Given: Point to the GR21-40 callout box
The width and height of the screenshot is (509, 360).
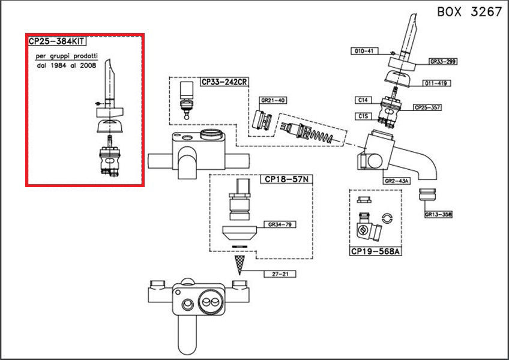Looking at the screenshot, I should tap(273, 100).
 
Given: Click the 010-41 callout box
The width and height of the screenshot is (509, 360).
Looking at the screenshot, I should tap(363, 51).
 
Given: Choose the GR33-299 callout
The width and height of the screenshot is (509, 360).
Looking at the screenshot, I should tap(443, 61).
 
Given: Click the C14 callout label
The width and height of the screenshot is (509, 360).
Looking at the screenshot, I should tap(364, 99).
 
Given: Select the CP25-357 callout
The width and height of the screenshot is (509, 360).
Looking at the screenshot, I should tap(428, 108).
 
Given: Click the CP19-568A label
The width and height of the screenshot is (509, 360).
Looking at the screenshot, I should tap(375, 252).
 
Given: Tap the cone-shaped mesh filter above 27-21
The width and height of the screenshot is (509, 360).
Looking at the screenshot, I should tap(241, 263).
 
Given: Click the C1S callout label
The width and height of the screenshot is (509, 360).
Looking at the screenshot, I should tap(364, 115).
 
